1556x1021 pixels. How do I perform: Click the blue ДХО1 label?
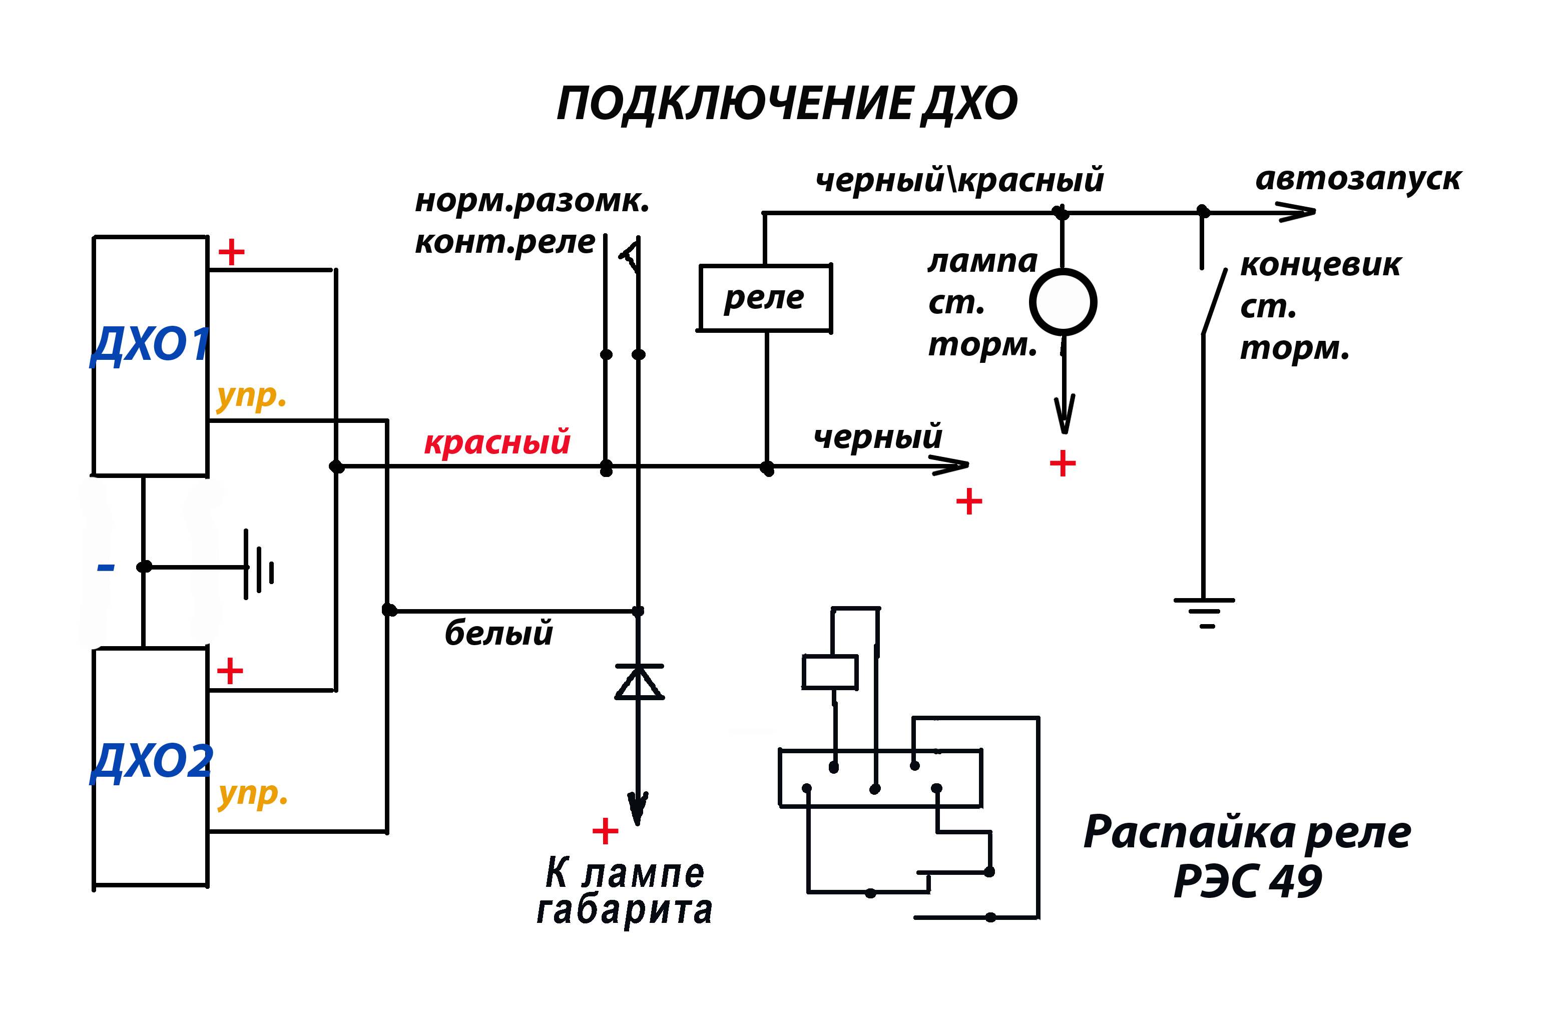click(x=150, y=346)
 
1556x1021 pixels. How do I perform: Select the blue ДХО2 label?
click(x=152, y=762)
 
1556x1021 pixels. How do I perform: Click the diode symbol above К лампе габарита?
click(x=639, y=682)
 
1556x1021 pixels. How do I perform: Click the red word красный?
click(x=497, y=442)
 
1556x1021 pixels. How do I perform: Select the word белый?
click(x=499, y=633)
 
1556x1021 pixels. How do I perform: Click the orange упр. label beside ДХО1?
click(x=252, y=395)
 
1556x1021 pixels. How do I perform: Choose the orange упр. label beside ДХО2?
click(x=253, y=794)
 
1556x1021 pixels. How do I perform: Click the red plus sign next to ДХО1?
click(x=231, y=252)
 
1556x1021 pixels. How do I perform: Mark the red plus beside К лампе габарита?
click(x=606, y=831)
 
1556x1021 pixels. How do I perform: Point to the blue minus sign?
click(x=106, y=568)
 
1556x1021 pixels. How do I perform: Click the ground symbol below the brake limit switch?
click(x=1204, y=613)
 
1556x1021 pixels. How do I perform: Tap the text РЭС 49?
click(x=1247, y=882)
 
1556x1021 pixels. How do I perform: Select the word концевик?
click(x=1321, y=265)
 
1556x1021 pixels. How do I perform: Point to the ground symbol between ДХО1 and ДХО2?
click(x=259, y=565)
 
